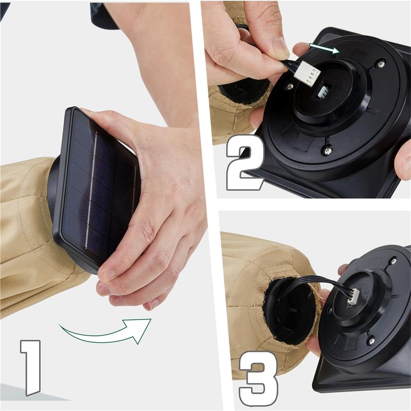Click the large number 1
(x=31, y=367)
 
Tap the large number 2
(x=245, y=162)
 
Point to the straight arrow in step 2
(x=324, y=48)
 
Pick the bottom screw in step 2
(x=327, y=150)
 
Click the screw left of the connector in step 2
(x=290, y=86)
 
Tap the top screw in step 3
(x=394, y=261)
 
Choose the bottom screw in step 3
(x=371, y=341)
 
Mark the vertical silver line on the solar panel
(x=91, y=190)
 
